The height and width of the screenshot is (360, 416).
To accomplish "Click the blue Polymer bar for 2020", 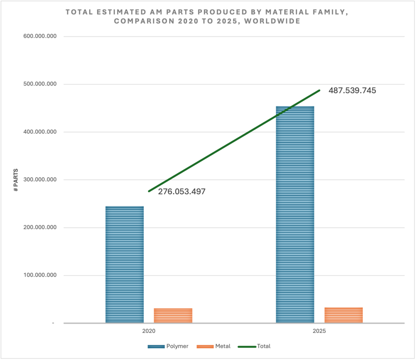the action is coord(125,264).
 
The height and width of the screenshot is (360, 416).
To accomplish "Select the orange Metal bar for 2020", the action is coord(173,315).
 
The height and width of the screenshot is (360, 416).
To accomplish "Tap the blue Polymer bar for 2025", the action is coord(295,214).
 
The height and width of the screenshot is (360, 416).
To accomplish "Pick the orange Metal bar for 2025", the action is coord(344,315).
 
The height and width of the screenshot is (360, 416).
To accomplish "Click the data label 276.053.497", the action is coord(182,192).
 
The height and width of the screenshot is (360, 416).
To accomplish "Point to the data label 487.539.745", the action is coord(352,91).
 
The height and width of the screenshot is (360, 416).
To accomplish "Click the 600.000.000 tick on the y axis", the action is coord(40,36).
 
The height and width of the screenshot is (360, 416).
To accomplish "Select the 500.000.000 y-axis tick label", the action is coord(40,84).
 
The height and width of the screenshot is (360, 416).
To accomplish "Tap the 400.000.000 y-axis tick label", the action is coord(40,132).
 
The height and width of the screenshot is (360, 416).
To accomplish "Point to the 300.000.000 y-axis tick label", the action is coord(40,179).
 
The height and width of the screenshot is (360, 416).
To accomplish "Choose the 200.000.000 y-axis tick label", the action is coord(40,227).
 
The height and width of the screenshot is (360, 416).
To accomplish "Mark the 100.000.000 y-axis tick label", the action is coord(40,275).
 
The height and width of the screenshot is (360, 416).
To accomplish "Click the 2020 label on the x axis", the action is coord(149,331).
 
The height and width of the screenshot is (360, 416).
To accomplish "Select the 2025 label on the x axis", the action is coord(319,331).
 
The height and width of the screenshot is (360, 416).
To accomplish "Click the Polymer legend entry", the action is coord(168,346).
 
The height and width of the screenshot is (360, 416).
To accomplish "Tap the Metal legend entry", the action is coord(214,346).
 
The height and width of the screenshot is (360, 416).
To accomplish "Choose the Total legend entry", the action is coord(254,346).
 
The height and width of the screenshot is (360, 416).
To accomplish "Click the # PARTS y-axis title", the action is coord(16,180).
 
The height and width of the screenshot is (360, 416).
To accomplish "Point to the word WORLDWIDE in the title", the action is coord(272,21).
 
